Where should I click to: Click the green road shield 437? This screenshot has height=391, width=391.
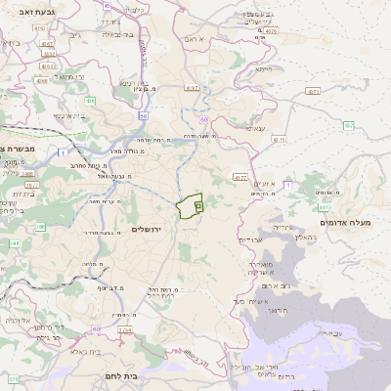[349, 125]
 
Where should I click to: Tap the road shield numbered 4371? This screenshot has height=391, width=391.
[313, 91]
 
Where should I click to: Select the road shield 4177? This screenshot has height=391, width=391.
[239, 177]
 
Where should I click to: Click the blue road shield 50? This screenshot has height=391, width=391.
[204, 119]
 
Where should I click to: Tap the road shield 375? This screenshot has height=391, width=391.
[14, 377]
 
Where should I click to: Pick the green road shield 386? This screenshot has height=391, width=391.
[40, 227]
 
